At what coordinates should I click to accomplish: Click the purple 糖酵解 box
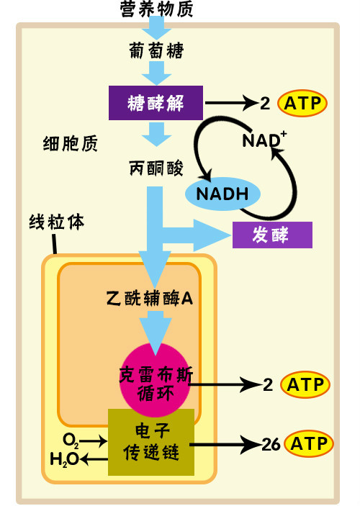coord(156,103)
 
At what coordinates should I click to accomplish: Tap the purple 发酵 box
coord(272,235)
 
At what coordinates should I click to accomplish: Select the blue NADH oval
coord(222,194)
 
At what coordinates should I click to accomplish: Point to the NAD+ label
coord(264,140)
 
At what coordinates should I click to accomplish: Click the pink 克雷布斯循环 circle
coord(155,380)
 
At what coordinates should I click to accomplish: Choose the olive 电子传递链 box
coord(151,442)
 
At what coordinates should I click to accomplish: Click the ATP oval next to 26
coord(309,443)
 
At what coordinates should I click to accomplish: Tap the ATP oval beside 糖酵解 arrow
coord(302,103)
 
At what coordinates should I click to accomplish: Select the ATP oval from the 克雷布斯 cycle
coord(305,384)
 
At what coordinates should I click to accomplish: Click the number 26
coord(271,444)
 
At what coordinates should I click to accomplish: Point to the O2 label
coord(71,441)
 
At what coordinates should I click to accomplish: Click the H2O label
coord(64,458)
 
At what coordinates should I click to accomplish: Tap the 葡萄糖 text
coord(156,50)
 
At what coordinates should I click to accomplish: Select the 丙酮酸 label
coord(156,168)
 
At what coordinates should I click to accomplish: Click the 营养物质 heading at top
coord(156,9)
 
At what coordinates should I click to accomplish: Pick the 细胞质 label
coord(71,143)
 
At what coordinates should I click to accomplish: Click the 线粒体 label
coord(57,222)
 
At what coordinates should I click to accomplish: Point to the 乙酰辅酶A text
coord(150,298)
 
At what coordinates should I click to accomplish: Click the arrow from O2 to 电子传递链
coord(94,441)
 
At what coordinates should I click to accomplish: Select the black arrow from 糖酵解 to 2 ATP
coord(232,103)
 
